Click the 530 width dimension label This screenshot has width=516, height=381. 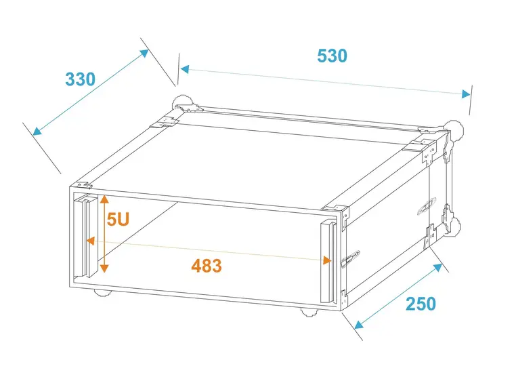[332, 56]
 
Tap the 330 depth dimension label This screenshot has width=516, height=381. [81, 79]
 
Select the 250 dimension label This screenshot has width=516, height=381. [421, 304]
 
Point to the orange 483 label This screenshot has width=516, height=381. [207, 266]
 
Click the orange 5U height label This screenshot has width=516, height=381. [118, 219]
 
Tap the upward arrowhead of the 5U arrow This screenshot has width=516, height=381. [104, 199]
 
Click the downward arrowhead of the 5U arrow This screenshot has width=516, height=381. [104, 268]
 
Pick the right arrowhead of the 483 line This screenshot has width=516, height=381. [327, 260]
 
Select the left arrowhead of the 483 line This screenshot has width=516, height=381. [91, 241]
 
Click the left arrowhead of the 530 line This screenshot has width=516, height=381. [185, 69]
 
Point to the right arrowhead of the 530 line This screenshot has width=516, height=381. [466, 94]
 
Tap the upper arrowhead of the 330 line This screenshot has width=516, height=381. [145, 53]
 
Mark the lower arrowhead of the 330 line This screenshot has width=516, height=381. [37, 131]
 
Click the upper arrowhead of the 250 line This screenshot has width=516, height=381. [438, 268]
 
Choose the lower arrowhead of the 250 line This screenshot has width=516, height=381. [359, 325]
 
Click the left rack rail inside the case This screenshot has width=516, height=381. [86, 237]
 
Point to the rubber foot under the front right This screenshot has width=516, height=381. [309, 312]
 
